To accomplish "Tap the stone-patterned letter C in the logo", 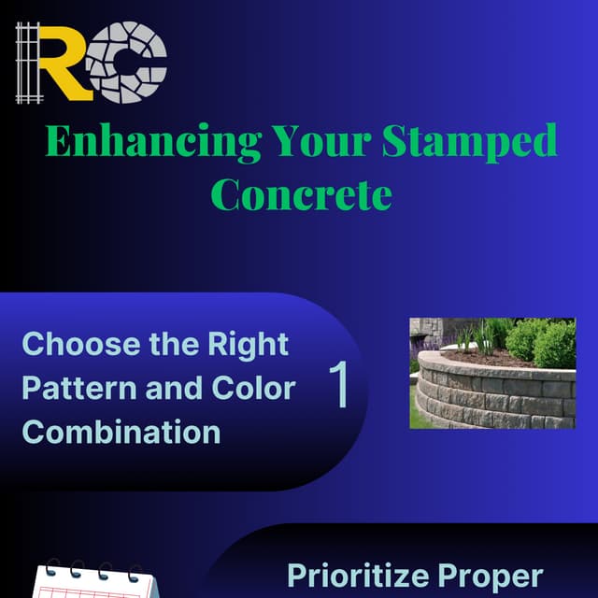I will tap(130, 63).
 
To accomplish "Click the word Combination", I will tap(121, 432).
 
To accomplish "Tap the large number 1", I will tap(340, 385).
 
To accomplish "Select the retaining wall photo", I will tap(492, 373).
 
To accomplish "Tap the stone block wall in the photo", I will tap(486, 397).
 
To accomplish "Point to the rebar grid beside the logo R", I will tap(31, 63).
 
